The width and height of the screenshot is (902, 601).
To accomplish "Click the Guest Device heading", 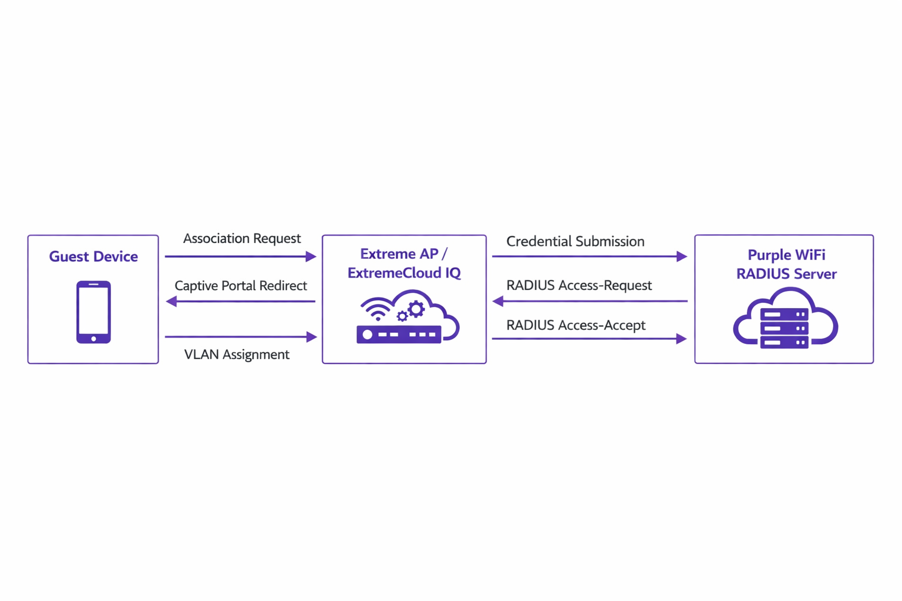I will coord(93,256).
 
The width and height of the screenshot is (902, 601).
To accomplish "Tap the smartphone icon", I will coord(93,312).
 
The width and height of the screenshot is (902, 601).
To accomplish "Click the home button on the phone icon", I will coord(93,339).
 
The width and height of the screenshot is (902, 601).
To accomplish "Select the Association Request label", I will coord(242,238).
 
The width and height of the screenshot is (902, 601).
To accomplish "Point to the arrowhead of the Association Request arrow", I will coord(311,256).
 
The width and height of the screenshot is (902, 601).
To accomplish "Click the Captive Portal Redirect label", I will coord(241,286).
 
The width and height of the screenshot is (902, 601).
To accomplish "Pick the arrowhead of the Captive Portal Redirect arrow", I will coord(171,302).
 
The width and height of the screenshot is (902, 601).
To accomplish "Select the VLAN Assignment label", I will coord(237,354).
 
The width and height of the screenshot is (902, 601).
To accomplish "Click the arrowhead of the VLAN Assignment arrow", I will coord(312,337).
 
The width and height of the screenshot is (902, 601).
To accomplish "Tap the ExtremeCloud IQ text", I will coord(404,273).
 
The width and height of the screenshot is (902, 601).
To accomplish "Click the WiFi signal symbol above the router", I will coord(376,309).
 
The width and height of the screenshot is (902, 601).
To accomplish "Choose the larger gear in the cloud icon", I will coord(416,309).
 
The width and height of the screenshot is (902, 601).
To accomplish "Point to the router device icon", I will coord(399,335).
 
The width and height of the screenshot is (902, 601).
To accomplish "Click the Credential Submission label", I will coord(575,241).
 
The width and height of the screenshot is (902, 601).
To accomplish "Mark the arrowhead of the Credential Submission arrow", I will coord(681,256).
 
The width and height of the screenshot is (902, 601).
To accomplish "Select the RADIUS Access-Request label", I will coord(579,285).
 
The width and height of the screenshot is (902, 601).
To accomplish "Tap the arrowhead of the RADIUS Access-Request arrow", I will coord(498,302).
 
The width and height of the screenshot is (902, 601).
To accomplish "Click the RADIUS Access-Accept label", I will coord(576,325).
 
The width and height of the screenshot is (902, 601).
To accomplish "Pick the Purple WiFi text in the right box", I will coord(786,255).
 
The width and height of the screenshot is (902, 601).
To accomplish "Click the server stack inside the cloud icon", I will coord(784,329).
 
